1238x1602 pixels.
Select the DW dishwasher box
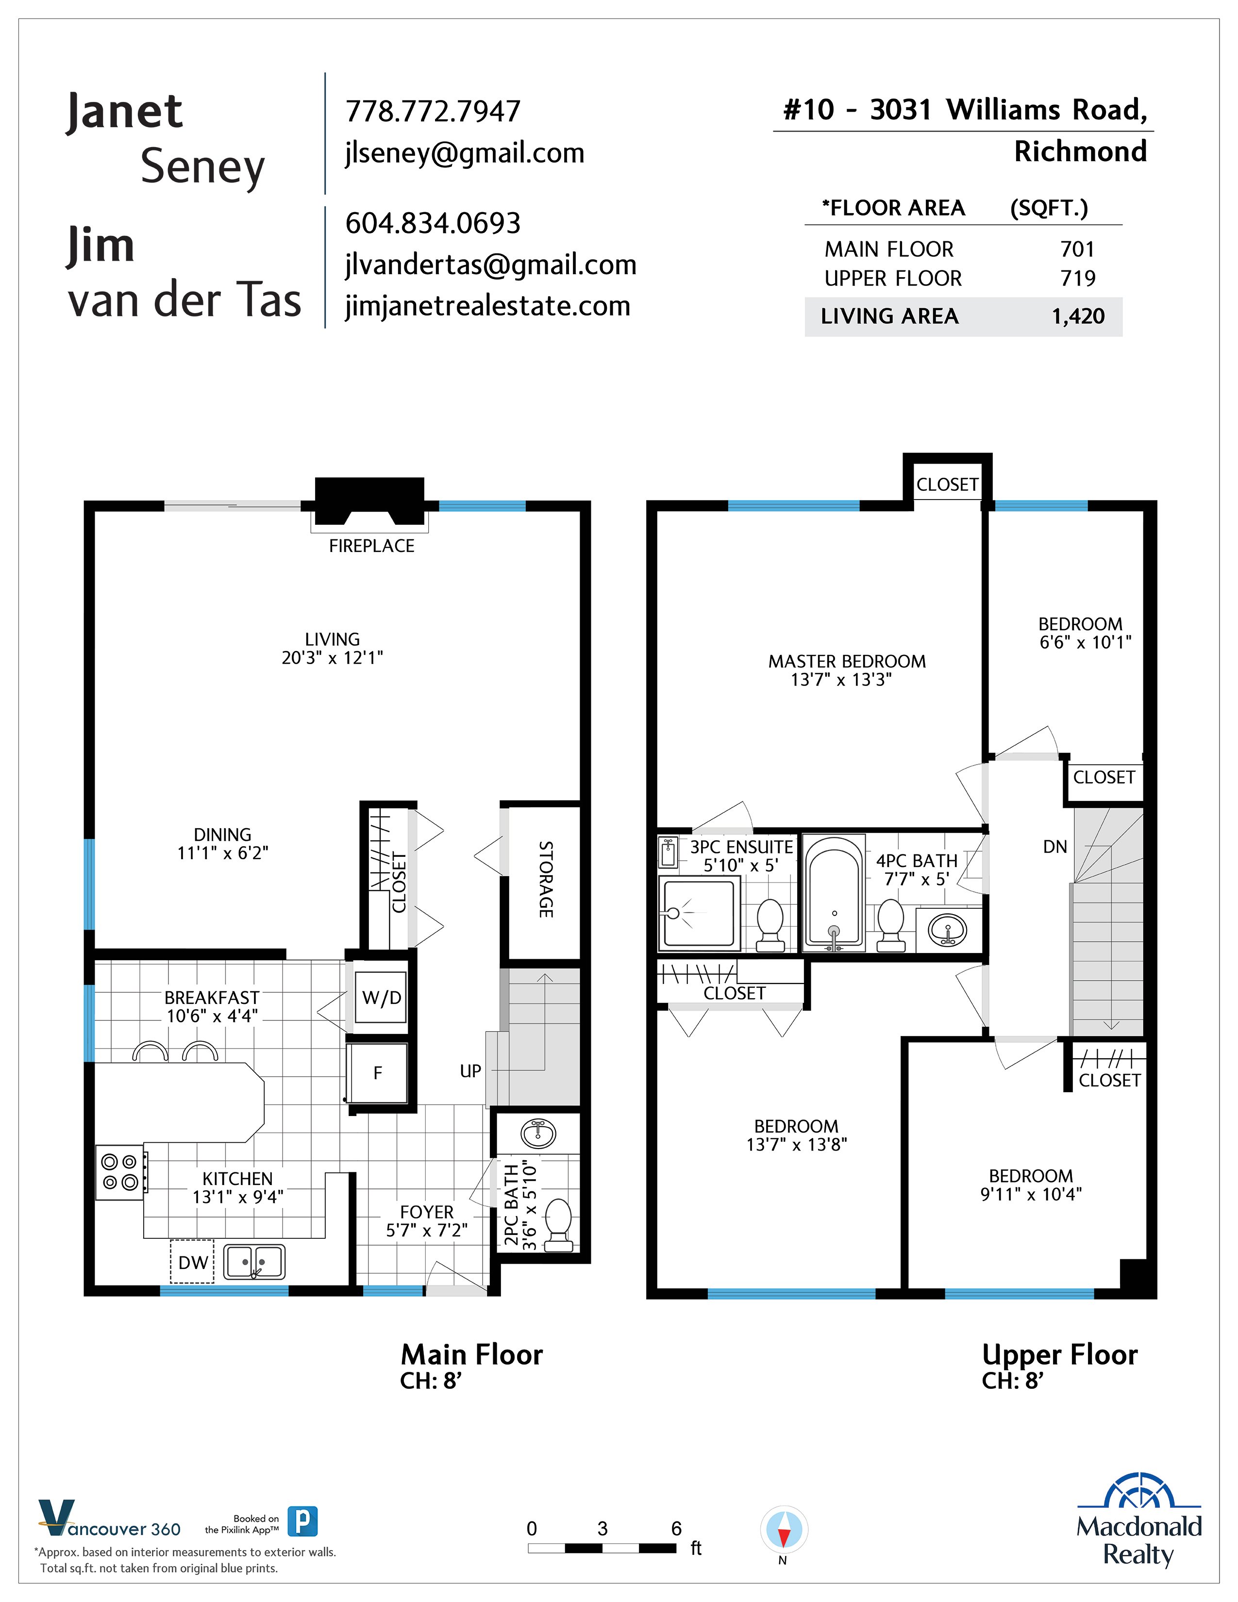[192, 1262]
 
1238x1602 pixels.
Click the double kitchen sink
[254, 1262]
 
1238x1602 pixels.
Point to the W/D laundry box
[382, 998]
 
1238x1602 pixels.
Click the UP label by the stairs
[470, 1071]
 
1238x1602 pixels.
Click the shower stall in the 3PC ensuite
[698, 913]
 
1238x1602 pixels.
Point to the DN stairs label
[1054, 847]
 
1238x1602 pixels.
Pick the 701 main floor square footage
[1077, 250]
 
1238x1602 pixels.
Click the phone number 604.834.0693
[433, 223]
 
